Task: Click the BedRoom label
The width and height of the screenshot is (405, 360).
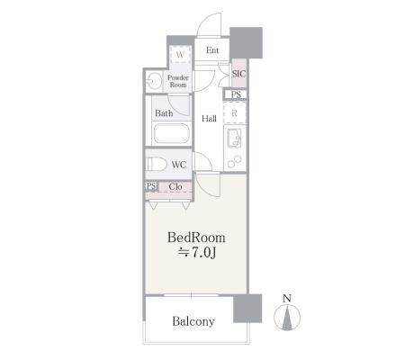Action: tap(196, 238)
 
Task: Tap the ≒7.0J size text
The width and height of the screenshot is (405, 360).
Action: tap(197, 253)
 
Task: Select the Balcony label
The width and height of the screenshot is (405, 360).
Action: tap(193, 321)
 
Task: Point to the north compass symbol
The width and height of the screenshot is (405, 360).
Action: tap(287, 318)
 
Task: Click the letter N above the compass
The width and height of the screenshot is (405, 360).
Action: tap(287, 298)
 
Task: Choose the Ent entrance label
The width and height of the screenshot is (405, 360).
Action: tap(212, 50)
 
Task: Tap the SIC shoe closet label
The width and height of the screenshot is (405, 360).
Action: tap(238, 74)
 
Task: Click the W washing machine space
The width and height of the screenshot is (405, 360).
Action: tap(180, 54)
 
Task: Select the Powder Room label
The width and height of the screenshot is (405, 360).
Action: tap(178, 81)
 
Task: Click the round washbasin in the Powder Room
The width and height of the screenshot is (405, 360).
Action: tap(155, 81)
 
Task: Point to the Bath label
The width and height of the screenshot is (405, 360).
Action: tap(164, 113)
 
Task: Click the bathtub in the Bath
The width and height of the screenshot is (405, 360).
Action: tap(172, 133)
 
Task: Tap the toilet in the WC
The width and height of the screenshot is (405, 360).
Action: tap(157, 165)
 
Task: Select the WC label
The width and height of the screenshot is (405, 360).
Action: tap(179, 165)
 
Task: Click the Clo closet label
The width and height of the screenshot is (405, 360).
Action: tap(175, 186)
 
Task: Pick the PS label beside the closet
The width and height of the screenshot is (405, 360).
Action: tap(151, 186)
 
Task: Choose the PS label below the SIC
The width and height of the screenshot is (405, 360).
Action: tap(236, 94)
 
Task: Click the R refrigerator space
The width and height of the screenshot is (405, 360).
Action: tap(235, 113)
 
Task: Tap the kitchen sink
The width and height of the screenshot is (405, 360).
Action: tap(235, 138)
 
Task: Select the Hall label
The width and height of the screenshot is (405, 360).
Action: tap(209, 119)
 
